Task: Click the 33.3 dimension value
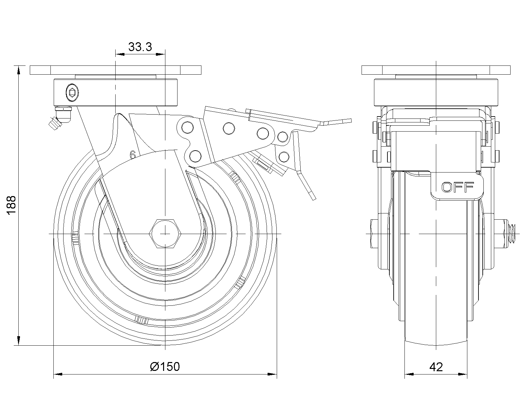tap(140, 47)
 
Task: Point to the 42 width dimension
tap(436, 367)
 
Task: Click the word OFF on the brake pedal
tap(458, 188)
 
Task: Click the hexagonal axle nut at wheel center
tap(165, 234)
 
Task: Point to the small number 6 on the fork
tap(133, 155)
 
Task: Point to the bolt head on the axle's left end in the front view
tap(371, 234)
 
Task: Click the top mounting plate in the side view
tap(115, 70)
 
